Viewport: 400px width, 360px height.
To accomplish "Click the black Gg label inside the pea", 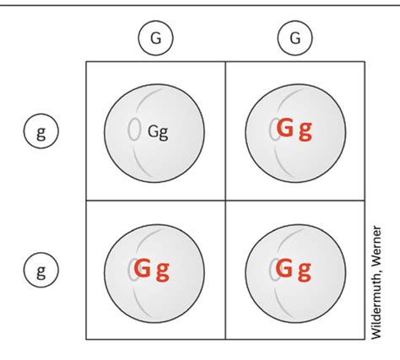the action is [158, 132].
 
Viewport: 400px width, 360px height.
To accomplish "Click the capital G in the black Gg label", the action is [153, 131].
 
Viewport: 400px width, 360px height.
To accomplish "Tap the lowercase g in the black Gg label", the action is [164, 134].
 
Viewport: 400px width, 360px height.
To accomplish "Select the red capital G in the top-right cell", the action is [284, 127].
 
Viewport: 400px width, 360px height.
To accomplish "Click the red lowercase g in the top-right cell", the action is [305, 131].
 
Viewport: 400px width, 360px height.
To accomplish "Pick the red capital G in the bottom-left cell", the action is [142, 268].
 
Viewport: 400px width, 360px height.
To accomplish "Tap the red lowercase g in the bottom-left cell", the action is [163, 272].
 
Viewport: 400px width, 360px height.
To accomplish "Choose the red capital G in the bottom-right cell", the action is [284, 268].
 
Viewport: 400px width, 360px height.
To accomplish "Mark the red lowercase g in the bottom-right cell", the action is [305, 272].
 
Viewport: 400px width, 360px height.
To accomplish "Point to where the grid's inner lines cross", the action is [225, 201].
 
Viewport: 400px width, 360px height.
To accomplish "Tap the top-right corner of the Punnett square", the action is [365, 62].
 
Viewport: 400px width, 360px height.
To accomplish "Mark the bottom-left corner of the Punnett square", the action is [86, 340].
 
